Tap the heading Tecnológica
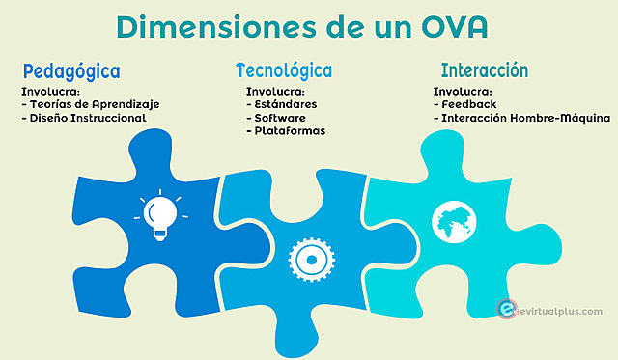coord(284,70)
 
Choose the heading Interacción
coord(485,70)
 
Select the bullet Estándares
coord(282,103)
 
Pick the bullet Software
coord(278,117)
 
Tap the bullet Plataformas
coord(287,131)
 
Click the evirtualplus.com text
coord(561,311)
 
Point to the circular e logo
coord(504,310)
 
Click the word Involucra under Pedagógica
coord(50,91)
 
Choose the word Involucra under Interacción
coord(463,91)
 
